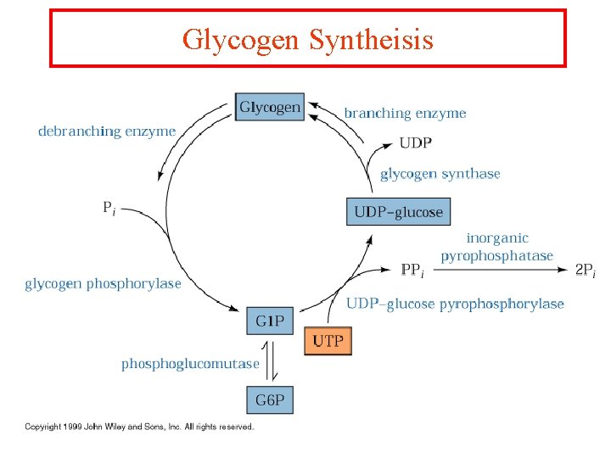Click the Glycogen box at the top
(269, 107)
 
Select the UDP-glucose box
(398, 211)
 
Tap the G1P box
(270, 321)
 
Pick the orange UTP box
(328, 341)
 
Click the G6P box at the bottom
(270, 399)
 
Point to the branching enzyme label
(405, 113)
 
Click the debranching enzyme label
(107, 131)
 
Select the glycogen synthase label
(440, 174)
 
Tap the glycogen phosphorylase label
(103, 283)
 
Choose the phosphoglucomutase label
(190, 364)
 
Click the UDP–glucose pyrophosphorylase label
(455, 304)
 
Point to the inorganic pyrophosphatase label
(496, 247)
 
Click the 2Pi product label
(585, 271)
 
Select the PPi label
(412, 271)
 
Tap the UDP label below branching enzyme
(415, 142)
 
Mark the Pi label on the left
(109, 207)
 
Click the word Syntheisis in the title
(372, 39)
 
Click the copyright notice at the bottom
(139, 427)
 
